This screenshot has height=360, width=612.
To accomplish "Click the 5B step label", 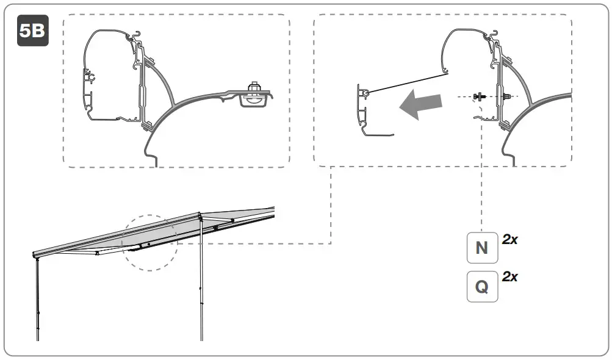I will point(32,31).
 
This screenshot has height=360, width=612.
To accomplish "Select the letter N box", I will point(482,248).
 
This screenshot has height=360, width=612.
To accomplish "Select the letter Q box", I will point(482,286).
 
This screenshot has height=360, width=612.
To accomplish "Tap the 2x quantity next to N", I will point(510,240).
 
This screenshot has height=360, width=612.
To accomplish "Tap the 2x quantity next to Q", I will point(510,276).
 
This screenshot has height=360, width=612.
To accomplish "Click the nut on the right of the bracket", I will point(506,96).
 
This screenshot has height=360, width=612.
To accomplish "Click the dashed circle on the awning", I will point(149,242).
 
